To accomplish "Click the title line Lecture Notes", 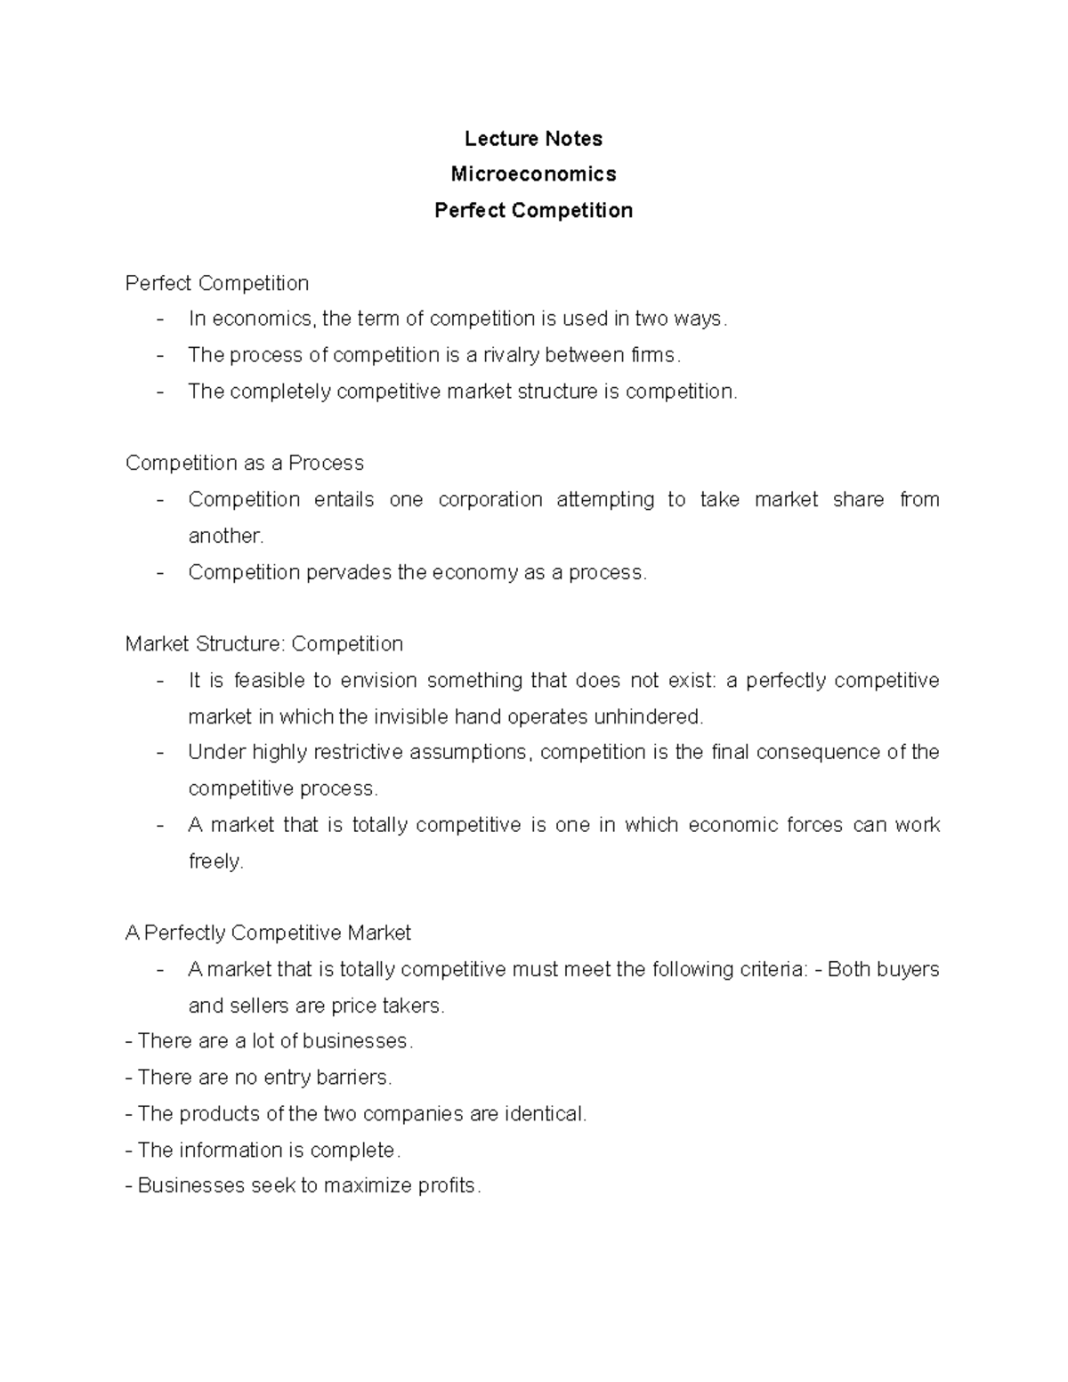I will click(533, 139).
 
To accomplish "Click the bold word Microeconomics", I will click(533, 174).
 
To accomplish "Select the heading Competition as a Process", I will click(245, 464).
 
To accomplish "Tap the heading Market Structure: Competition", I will click(264, 644).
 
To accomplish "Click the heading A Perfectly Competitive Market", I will click(268, 933).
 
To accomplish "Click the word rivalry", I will click(511, 356).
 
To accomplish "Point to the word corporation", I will click(490, 500).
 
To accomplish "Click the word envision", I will click(379, 681).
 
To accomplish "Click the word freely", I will click(215, 861).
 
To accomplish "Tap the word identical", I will click(545, 1114).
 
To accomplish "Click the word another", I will click(226, 537).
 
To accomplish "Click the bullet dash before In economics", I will click(160, 319).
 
